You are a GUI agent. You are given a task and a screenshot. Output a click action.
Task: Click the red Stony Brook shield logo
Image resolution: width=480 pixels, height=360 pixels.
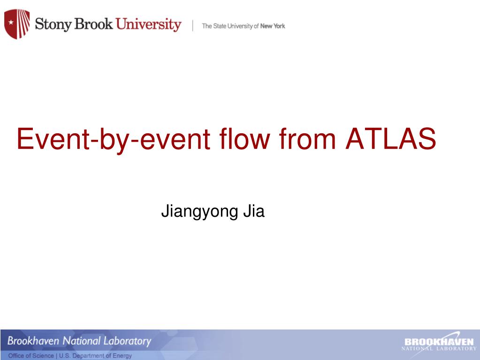pyautogui.click(x=17, y=24)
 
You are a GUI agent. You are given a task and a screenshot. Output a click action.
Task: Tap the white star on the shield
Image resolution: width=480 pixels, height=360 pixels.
pyautogui.click(x=11, y=23)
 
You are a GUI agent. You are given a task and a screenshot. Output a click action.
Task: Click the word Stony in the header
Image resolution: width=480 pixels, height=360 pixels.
pyautogui.click(x=53, y=24)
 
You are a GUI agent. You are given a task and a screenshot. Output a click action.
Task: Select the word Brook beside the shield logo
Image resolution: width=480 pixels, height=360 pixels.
pyautogui.click(x=93, y=23)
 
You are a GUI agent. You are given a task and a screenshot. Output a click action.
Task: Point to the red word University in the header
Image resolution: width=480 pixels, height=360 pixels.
pyautogui.click(x=148, y=24)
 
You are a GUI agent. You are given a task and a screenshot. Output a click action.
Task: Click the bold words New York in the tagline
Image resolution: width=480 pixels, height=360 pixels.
pyautogui.click(x=273, y=26)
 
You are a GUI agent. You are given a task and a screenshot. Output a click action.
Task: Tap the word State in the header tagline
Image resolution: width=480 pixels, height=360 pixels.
pyautogui.click(x=220, y=26)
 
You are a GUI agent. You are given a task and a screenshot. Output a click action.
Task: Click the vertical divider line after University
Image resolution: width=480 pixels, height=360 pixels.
pyautogui.click(x=192, y=26)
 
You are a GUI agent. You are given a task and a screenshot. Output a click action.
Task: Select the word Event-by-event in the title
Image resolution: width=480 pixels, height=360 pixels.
pyautogui.click(x=114, y=139)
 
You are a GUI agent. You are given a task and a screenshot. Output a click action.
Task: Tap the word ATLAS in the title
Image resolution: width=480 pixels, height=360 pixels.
pyautogui.click(x=390, y=138)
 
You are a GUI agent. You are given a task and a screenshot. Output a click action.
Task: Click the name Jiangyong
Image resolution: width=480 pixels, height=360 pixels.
pyautogui.click(x=199, y=212)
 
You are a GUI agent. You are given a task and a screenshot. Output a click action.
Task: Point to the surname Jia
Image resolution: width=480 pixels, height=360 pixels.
pyautogui.click(x=254, y=211)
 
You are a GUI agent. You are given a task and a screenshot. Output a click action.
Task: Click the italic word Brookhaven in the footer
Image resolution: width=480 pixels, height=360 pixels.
pyautogui.click(x=33, y=340)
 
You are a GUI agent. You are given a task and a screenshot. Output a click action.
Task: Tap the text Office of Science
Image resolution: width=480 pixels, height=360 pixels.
pyautogui.click(x=31, y=356)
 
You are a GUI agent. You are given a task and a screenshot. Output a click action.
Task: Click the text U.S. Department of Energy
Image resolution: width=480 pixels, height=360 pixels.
pyautogui.click(x=95, y=356)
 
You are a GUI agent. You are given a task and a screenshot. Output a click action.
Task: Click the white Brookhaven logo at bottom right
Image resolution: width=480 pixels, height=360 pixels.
pyautogui.click(x=439, y=344)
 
